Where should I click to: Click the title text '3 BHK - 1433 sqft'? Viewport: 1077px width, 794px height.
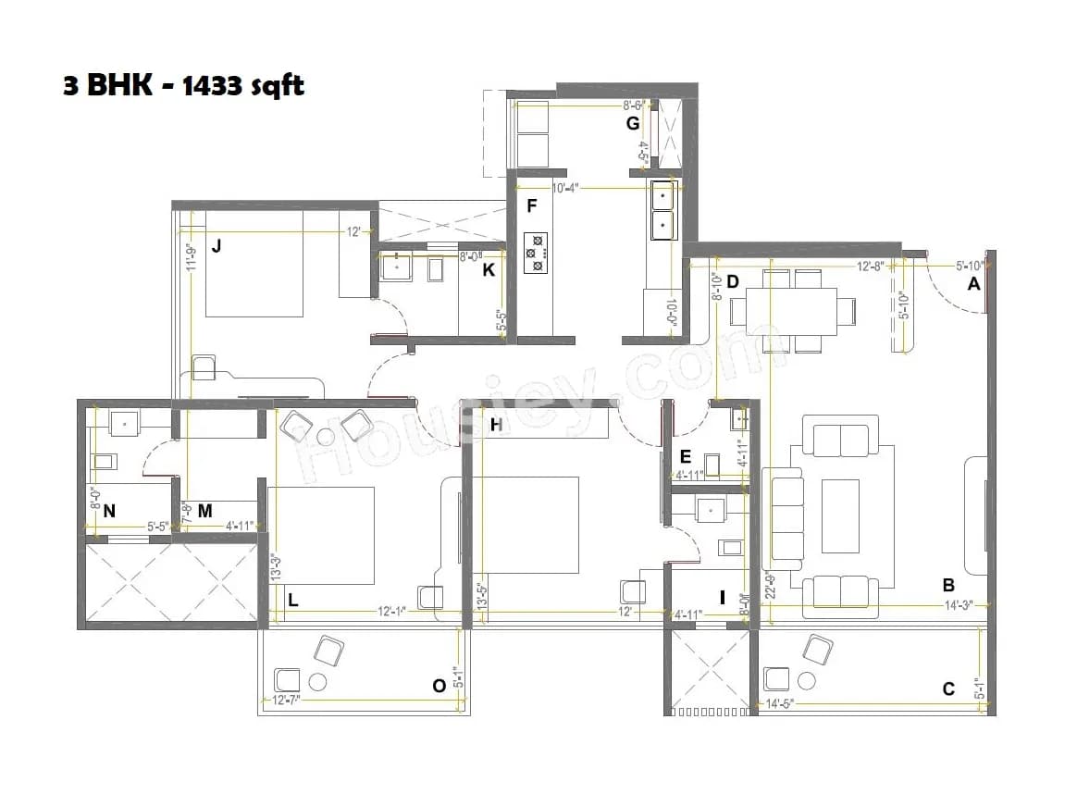(x=183, y=86)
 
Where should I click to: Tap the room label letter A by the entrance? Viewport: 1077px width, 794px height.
(x=972, y=285)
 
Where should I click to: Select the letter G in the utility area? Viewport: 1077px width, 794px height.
(x=633, y=123)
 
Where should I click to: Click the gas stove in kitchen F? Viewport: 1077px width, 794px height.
(x=536, y=253)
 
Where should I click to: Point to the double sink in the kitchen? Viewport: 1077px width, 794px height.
(x=662, y=209)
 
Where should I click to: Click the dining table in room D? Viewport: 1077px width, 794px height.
(x=790, y=309)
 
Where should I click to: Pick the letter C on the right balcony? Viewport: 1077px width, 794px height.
(x=948, y=689)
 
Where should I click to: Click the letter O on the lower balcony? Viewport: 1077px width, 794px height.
(x=439, y=685)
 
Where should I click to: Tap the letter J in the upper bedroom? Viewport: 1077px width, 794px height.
(x=216, y=246)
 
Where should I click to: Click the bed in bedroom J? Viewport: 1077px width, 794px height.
(x=254, y=264)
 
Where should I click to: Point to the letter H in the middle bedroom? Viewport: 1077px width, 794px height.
(x=496, y=425)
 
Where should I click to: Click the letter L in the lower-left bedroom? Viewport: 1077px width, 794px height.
(x=292, y=600)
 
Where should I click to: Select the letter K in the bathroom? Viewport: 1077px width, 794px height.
(x=489, y=270)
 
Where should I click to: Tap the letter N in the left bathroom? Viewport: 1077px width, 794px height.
(x=109, y=510)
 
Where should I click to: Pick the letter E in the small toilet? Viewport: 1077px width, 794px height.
(x=685, y=455)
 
